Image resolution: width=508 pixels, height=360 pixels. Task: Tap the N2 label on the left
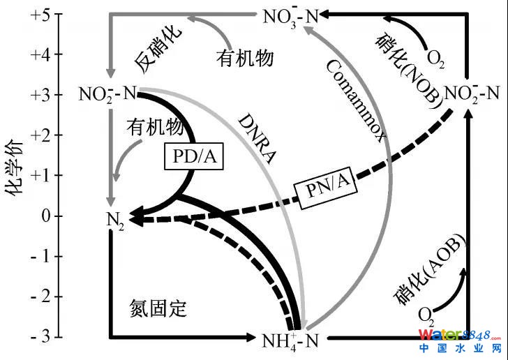pos(113,221)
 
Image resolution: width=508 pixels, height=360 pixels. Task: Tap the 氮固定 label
pos(160,308)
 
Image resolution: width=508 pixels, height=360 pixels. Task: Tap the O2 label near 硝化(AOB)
pos(426,318)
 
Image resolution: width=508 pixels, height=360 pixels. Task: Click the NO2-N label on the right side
pos(472,92)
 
